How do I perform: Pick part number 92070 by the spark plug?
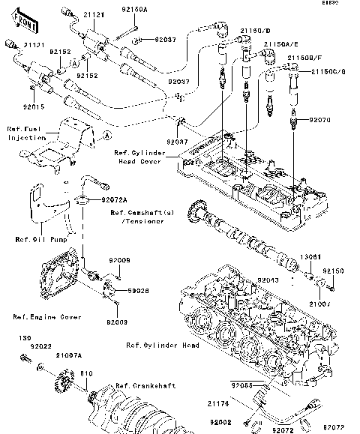319,119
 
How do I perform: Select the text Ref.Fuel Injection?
26,133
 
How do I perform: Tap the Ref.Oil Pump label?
37,240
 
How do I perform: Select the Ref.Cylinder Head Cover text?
138,155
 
